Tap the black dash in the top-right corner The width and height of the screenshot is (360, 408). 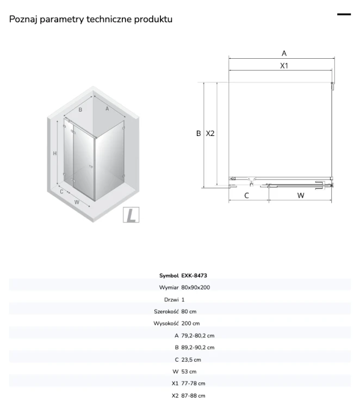344,14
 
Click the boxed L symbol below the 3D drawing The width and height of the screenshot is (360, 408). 131,215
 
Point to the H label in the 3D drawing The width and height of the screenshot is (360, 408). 54,153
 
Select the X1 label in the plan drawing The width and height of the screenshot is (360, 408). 284,66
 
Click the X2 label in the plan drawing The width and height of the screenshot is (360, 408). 210,133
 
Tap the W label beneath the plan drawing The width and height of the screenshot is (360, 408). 301,195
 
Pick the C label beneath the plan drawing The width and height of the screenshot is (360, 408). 246,195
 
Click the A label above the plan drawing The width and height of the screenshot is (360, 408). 284,53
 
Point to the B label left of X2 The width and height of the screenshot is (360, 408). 198,133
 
